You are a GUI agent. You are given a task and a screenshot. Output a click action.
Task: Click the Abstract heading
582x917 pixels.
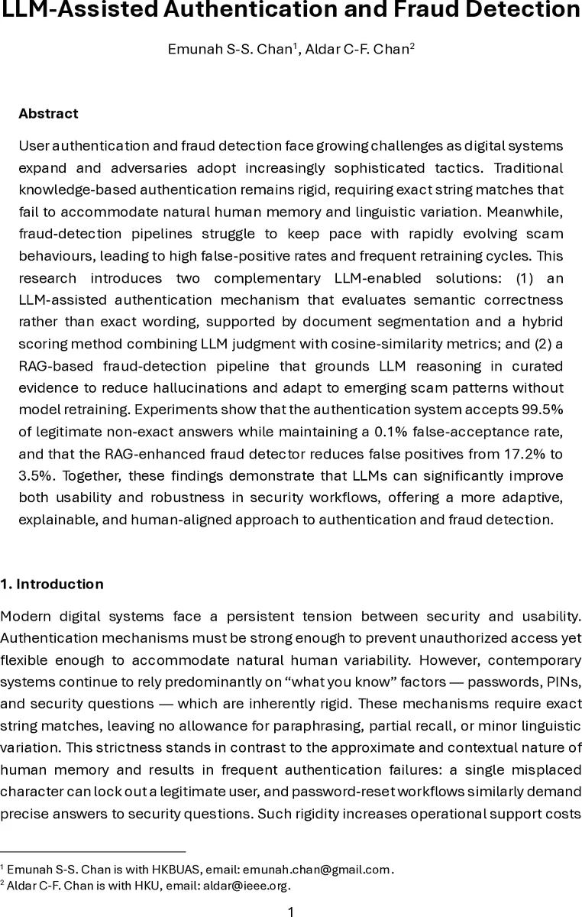pos(48,113)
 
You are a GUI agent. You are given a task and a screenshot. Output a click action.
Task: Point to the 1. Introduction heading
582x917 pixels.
pos(52,584)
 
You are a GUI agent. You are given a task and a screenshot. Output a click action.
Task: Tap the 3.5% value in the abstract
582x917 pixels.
pos(35,475)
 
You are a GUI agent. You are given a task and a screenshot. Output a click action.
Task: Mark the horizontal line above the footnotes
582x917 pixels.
pos(92,851)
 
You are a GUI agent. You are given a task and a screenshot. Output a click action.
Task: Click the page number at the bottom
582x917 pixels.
pos(290,910)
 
